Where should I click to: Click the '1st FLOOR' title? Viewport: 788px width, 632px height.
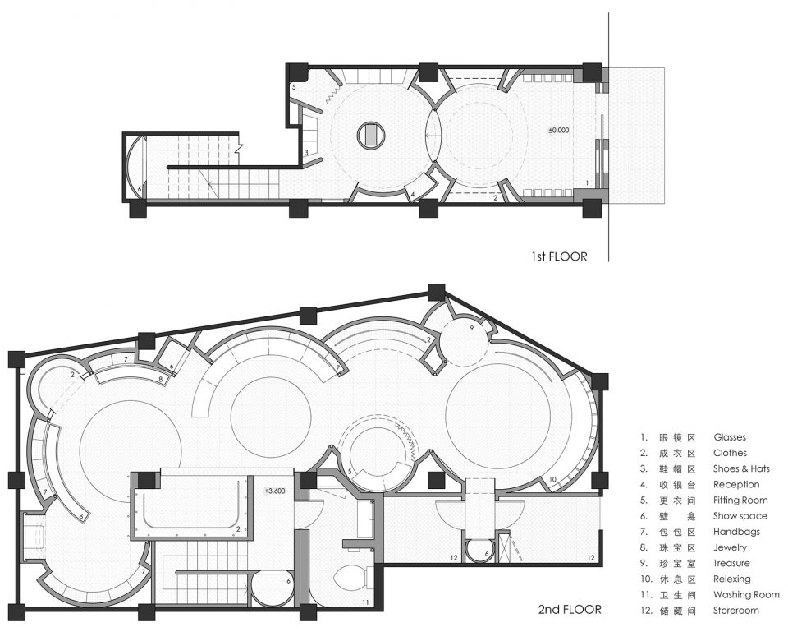559,256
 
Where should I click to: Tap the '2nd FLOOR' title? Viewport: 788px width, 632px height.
570,609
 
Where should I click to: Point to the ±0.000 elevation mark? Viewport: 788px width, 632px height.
558,130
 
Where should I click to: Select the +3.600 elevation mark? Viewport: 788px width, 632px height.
274,491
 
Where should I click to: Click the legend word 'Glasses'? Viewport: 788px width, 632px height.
730,437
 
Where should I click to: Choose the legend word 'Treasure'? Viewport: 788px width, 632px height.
731,563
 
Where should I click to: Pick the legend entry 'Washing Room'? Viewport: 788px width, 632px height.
746,595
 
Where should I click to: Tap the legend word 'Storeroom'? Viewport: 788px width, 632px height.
735,611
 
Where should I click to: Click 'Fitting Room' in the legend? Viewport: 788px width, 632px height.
740,501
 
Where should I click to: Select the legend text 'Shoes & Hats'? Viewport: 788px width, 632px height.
741,468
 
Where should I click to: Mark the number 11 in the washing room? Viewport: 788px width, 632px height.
365,602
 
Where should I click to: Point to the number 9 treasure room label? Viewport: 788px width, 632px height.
471,328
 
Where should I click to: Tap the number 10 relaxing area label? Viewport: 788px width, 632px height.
552,479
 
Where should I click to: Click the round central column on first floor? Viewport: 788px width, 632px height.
371,135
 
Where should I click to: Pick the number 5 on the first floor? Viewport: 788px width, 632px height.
294,87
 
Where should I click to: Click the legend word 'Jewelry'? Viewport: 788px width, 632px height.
730,547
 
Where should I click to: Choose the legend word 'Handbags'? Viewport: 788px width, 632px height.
736,532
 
